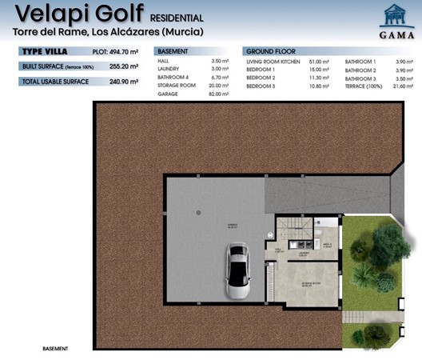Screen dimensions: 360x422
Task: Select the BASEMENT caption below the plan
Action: (x=55, y=349)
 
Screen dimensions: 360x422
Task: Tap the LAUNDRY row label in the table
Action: (x=170, y=70)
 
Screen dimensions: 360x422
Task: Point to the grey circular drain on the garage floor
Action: (x=199, y=212)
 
